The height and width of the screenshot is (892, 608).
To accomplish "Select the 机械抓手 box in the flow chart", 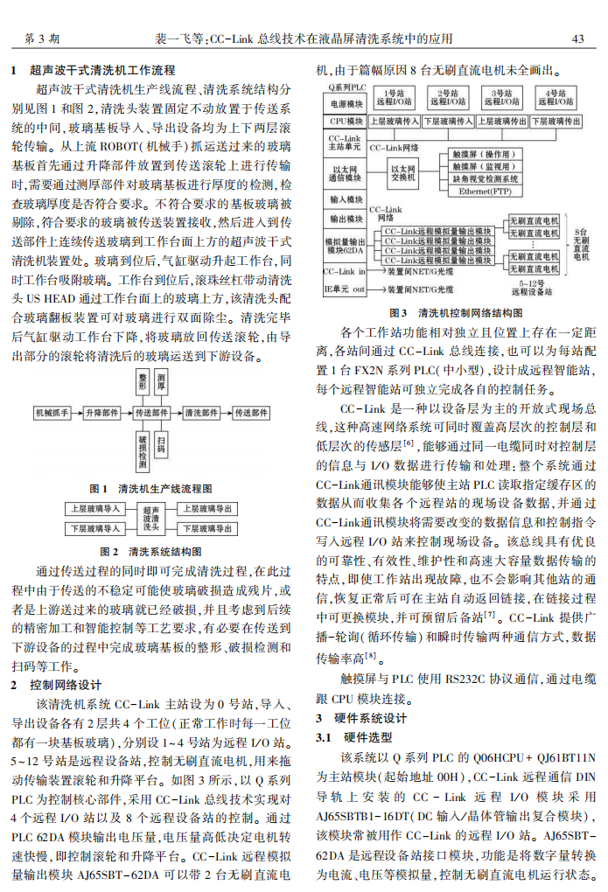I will pos(52,412).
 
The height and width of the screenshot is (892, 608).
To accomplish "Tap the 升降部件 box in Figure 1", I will pos(102,412).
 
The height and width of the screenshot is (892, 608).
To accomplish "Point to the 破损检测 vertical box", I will pos(143,447).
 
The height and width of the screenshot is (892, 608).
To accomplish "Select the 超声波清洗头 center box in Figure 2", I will pos(151,519).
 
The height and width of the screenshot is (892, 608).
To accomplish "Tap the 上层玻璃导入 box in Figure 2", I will pos(94,508).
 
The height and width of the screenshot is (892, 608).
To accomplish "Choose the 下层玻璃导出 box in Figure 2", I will pos(206,529).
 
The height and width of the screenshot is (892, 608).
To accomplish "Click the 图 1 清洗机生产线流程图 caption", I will pos(151,489).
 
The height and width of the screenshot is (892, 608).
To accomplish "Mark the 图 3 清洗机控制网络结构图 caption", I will pos(455,312).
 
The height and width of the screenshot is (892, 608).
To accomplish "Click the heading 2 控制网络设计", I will pos(60,685).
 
